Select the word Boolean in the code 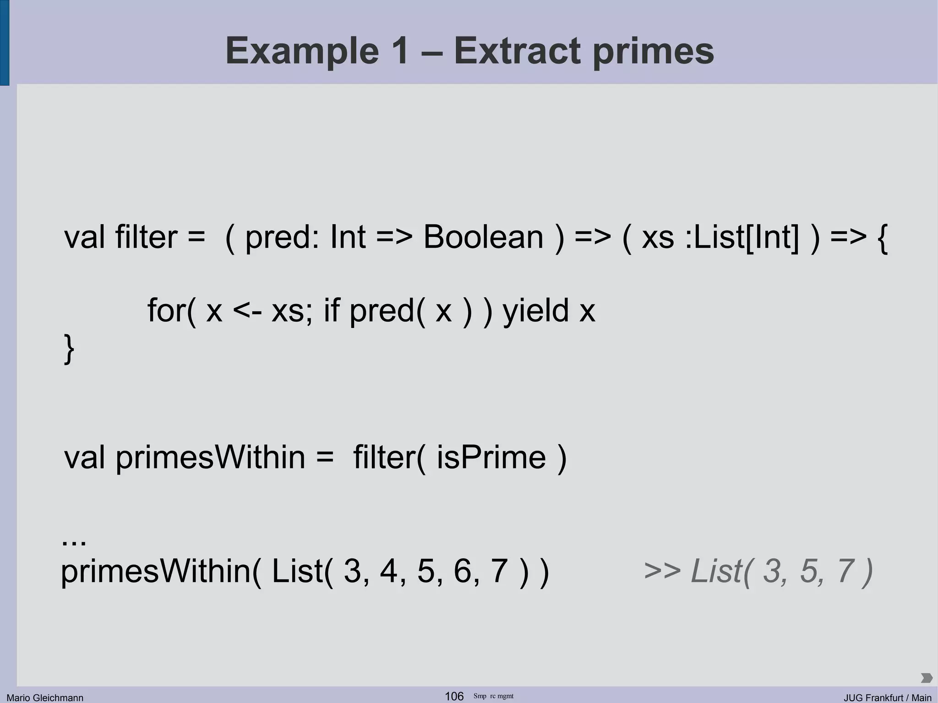click(x=483, y=237)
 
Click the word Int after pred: click(x=348, y=237)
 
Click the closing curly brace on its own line click(x=69, y=349)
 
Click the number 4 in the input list click(x=389, y=571)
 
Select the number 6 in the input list click(x=463, y=571)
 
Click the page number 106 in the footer click(x=454, y=696)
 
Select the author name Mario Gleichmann click(x=45, y=698)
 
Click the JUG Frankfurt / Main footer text click(x=887, y=698)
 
